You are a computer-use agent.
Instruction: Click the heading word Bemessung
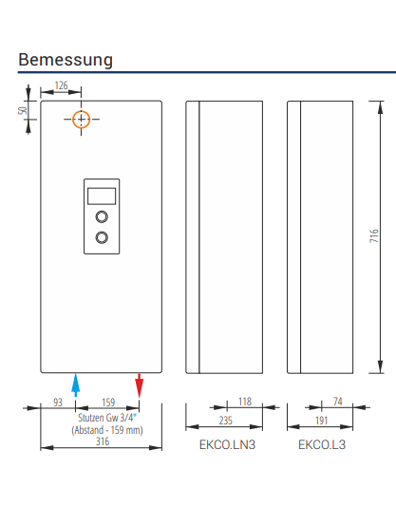coord(66,61)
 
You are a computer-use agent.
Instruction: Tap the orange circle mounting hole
coord(72,119)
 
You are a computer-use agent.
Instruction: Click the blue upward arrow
coord(76,385)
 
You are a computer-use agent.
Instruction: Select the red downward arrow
coord(139,385)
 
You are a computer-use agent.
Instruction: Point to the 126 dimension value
coord(62,85)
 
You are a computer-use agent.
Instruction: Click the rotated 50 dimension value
coord(23,110)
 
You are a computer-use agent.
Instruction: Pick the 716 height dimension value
coord(374,235)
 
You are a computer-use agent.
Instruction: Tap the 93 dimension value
coord(58,403)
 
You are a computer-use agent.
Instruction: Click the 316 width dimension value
coord(103,441)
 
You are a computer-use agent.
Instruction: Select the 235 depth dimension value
coord(226,421)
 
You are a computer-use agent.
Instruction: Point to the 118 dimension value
coord(245,402)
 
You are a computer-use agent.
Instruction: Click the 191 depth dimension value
coord(321,421)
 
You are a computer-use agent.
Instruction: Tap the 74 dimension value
coord(337,402)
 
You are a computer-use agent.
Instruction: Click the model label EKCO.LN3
coord(227,444)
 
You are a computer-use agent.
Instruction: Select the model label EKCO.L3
coord(322,444)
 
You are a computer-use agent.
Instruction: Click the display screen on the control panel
coord(102,196)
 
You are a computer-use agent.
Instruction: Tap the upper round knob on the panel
coord(102,216)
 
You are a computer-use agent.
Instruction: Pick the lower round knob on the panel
coord(102,237)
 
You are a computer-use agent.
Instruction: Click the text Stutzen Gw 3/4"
coord(107,418)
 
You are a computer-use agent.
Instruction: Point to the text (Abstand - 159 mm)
coord(107,430)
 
